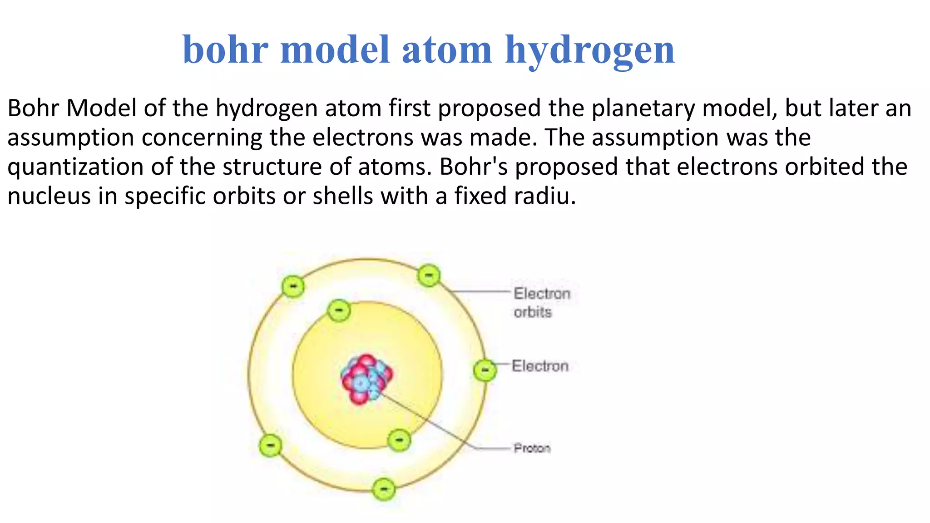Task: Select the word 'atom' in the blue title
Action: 447,50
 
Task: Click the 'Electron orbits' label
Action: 541,302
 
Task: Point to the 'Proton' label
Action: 532,449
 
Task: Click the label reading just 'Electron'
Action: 540,366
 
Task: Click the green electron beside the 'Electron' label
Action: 485,370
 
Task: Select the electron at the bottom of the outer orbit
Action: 384,489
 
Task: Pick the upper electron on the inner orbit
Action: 339,311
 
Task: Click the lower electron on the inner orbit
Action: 399,440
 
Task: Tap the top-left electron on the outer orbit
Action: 293,286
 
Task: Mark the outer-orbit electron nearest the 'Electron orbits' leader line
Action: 429,275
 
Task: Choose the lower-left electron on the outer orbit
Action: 270,445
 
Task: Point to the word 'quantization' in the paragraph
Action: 75,167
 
